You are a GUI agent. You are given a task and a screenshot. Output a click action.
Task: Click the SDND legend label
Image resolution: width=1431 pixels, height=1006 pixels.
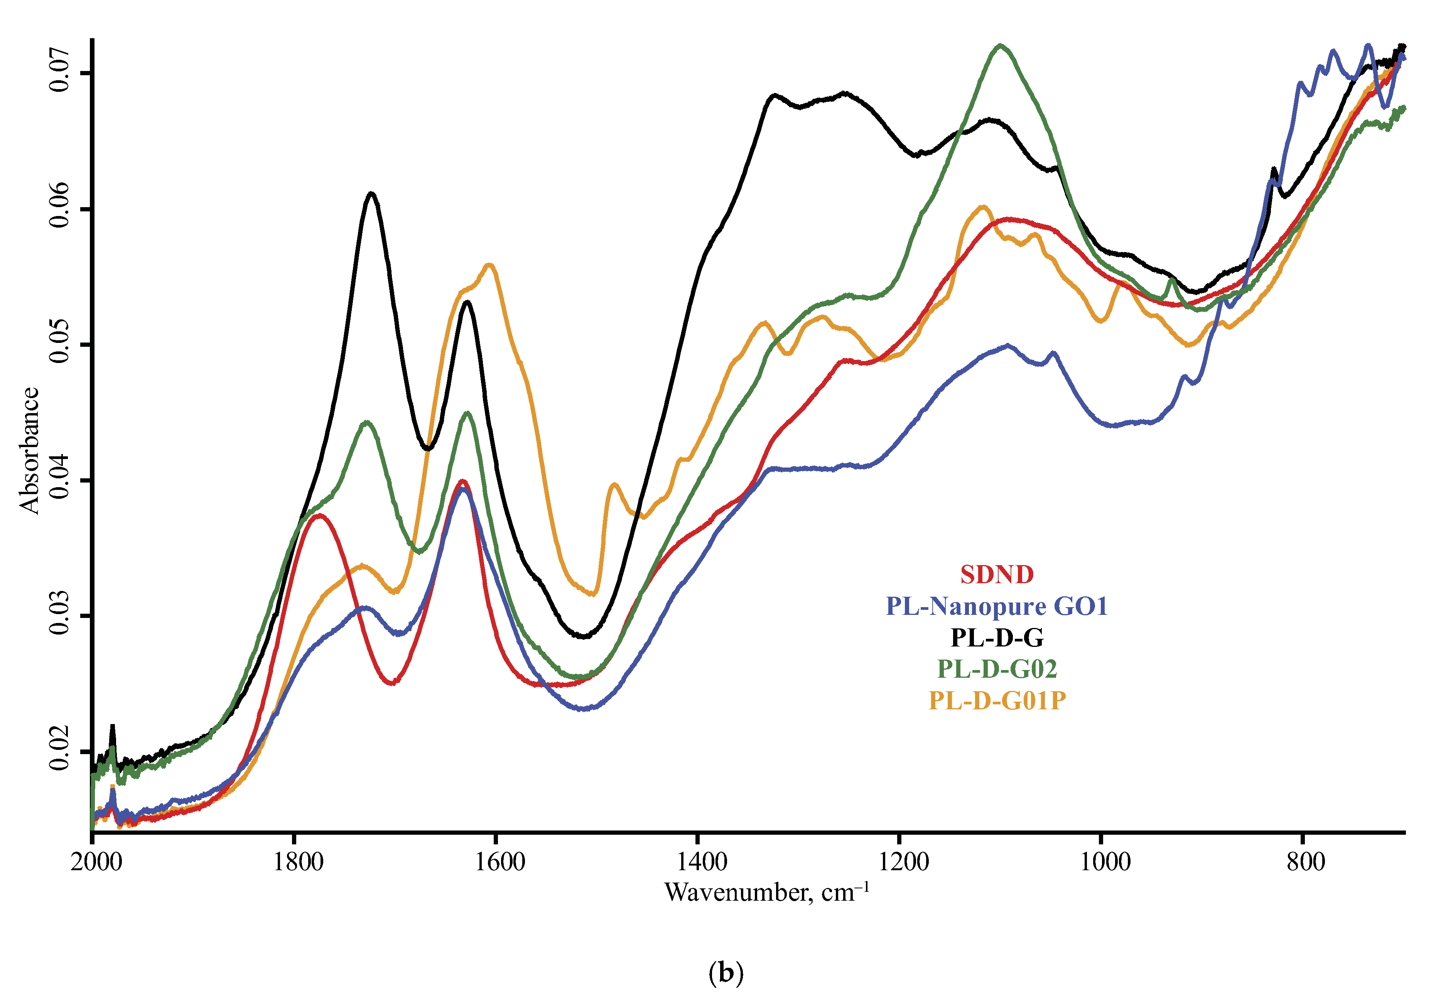(997, 575)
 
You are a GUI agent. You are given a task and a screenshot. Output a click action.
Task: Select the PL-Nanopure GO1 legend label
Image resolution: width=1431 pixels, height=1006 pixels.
(997, 606)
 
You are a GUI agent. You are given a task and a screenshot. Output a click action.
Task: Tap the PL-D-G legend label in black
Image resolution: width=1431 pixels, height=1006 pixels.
(997, 638)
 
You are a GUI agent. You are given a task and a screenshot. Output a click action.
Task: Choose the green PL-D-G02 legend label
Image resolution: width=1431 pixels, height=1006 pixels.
(997, 669)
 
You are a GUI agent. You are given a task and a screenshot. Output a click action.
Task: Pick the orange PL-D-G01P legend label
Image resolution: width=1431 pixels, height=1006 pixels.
(997, 700)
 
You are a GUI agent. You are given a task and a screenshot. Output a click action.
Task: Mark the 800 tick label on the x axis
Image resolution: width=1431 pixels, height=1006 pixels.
(1306, 862)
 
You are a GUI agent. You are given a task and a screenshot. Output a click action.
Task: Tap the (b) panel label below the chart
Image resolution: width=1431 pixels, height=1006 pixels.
(726, 972)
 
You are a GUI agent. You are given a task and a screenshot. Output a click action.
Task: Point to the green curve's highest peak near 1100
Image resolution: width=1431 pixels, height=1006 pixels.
(1000, 46)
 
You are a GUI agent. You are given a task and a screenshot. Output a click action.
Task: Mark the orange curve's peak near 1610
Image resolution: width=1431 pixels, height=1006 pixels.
(489, 265)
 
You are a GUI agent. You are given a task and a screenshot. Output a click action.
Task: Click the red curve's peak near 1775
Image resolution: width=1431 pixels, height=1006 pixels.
(320, 515)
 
